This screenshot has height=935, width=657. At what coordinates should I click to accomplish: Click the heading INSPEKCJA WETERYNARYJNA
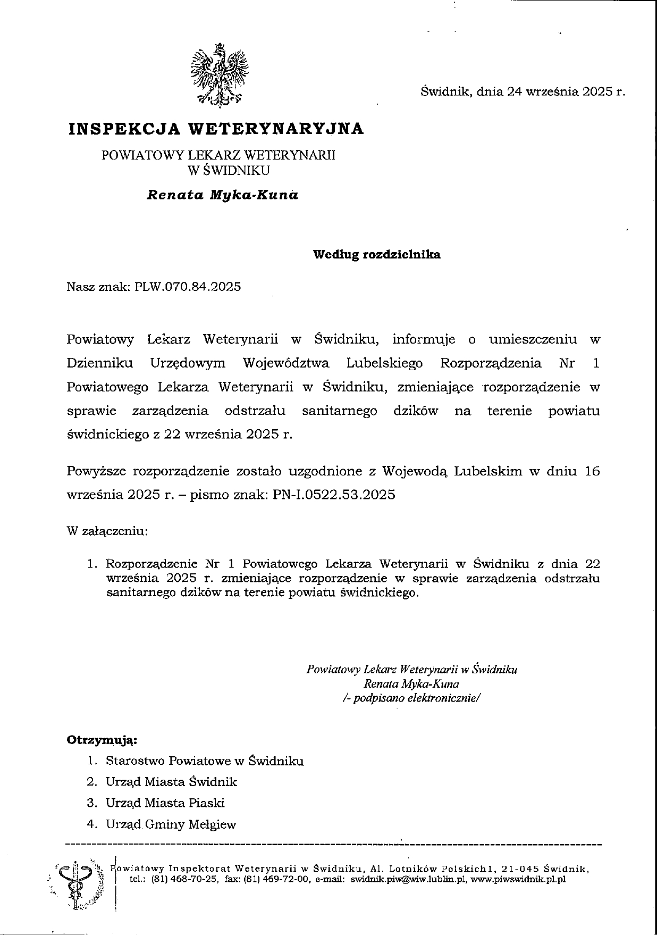(x=216, y=129)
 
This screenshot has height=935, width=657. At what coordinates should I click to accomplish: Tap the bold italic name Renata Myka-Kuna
(x=222, y=195)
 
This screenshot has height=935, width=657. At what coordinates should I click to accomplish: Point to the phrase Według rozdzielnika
(x=376, y=254)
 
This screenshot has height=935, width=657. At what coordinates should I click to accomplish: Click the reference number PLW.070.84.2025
(x=188, y=287)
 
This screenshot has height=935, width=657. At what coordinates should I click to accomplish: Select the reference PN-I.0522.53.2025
(x=334, y=495)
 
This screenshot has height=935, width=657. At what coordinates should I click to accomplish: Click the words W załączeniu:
(x=107, y=531)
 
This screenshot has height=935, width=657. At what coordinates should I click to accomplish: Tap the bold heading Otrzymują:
(x=102, y=740)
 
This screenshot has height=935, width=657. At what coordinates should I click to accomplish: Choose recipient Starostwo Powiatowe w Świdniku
(x=205, y=761)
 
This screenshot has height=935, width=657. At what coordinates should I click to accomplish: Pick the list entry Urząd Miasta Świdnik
(x=171, y=782)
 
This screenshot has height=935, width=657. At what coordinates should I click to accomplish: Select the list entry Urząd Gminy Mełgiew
(x=171, y=824)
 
